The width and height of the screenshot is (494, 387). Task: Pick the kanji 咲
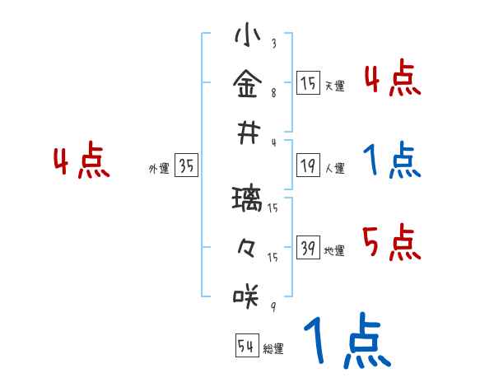pyautogui.click(x=247, y=294)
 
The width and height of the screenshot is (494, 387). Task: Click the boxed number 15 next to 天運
pyautogui.click(x=308, y=83)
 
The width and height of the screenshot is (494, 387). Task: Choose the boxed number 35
pyautogui.click(x=186, y=166)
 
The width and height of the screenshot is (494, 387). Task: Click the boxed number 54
pyautogui.click(x=246, y=346)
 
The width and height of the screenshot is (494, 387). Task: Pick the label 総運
pyautogui.click(x=273, y=348)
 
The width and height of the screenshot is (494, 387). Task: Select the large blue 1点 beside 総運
pyautogui.click(x=347, y=340)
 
